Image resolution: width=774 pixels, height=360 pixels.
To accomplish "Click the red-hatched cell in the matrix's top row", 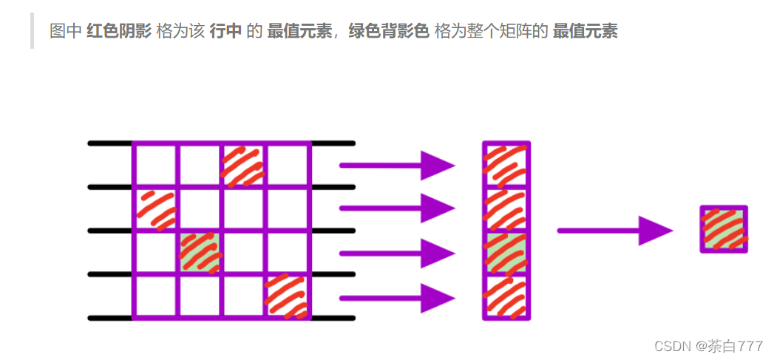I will [244, 165].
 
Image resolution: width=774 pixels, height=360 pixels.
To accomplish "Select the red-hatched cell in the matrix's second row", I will [155, 208].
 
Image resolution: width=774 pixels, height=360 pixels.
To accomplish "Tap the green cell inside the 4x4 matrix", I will [200, 252].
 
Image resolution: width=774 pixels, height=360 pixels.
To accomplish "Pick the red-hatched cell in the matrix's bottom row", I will [288, 296].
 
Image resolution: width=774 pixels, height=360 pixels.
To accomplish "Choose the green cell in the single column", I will [506, 253].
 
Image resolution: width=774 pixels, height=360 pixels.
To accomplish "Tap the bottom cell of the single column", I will [506, 297].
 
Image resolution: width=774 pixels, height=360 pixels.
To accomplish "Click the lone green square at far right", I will [724, 229].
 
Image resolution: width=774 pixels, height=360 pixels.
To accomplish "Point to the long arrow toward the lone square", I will [614, 231].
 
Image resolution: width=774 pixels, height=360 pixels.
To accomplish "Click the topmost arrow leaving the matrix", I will [396, 165].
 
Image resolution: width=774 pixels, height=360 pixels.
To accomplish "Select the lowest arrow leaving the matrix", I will [396, 299].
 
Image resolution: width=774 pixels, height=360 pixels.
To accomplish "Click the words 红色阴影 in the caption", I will [119, 31].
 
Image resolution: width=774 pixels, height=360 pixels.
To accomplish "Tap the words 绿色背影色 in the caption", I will [388, 31].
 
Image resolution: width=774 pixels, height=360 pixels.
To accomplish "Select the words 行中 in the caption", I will [226, 31].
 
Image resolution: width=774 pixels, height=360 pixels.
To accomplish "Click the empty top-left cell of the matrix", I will [155, 165].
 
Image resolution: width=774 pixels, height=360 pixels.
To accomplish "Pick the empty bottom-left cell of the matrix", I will [155, 296].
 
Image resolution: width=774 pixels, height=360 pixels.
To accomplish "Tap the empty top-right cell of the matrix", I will [288, 165].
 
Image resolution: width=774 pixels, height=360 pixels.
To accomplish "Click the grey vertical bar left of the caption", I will [33, 31].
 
